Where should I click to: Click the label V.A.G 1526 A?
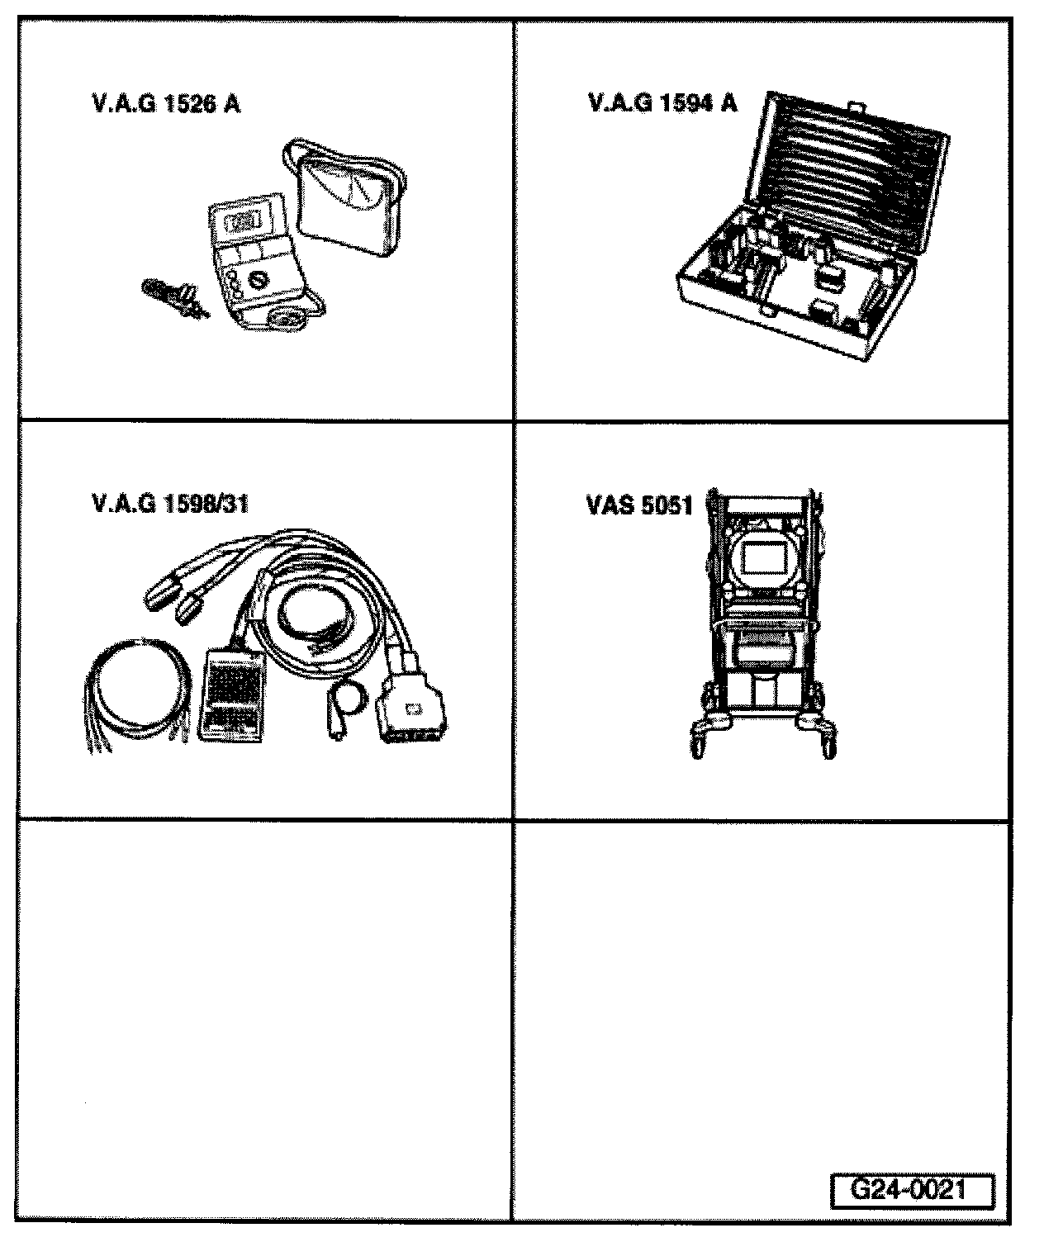(x=165, y=105)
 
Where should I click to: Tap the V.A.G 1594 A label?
(x=662, y=103)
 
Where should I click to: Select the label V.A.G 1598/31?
(x=169, y=504)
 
